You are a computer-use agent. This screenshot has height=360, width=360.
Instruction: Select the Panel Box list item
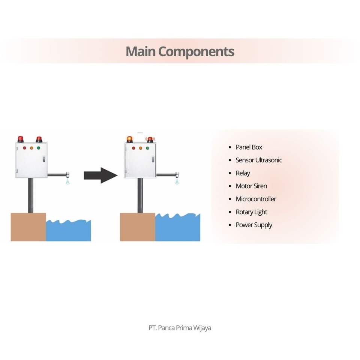point(249,147)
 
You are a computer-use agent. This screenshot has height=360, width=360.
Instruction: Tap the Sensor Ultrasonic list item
point(258,160)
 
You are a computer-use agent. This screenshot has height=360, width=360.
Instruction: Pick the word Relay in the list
point(243,173)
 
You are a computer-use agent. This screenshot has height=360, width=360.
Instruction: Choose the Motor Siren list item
point(251,186)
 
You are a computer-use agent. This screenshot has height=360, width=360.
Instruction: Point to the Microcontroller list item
point(256,199)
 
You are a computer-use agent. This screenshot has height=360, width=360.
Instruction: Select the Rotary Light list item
point(251,212)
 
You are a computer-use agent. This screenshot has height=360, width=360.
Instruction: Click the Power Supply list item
point(254,225)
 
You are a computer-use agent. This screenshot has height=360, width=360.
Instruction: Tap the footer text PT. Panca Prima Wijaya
point(180,328)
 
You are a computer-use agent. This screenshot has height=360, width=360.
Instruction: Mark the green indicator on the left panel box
point(38,148)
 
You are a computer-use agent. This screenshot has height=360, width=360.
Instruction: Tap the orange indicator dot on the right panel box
point(141,148)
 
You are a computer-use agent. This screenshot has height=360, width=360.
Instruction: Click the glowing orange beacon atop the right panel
point(130,139)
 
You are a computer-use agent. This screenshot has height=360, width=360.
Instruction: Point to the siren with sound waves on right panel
point(150,140)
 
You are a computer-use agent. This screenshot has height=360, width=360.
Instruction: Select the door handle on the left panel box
point(44,159)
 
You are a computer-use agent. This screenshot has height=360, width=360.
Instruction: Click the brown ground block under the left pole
point(28,227)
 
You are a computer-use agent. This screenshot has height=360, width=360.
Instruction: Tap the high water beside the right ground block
point(178,227)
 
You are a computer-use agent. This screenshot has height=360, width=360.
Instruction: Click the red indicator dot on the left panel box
point(25,148)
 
